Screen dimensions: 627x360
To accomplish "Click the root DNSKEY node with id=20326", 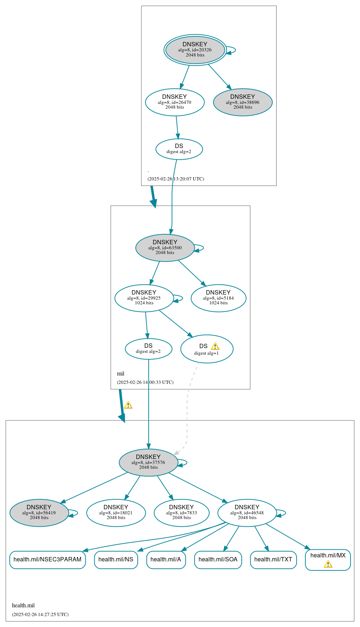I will tap(195, 50).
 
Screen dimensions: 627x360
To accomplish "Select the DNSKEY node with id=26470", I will tap(175, 102).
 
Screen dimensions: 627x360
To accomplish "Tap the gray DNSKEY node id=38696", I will tap(243, 102).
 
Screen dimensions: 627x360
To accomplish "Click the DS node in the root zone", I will tap(179, 149).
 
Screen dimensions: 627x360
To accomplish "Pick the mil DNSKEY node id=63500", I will tap(165, 248).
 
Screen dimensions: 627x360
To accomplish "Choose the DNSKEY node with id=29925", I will tap(144, 298).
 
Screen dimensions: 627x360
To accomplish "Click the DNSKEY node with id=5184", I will tap(218, 298).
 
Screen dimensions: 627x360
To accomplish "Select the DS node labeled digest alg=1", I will tap(207, 349).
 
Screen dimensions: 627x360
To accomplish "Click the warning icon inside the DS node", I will tap(215, 346).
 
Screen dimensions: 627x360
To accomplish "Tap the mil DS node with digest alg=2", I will tap(148, 348).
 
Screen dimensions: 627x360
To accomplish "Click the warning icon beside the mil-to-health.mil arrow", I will tap(128, 405).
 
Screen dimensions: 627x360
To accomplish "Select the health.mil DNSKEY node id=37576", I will tap(148, 462).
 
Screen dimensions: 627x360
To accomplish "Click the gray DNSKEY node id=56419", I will tap(39, 513).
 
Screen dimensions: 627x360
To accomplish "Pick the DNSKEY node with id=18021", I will tap(116, 513).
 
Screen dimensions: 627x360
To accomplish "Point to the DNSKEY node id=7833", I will tap(181, 513).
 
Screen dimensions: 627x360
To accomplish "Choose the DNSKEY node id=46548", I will tap(247, 513).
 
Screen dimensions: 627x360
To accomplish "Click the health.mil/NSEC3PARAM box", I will tap(47, 560).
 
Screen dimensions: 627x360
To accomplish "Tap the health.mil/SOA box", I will tap(218, 560).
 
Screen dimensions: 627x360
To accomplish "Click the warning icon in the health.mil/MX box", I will tap(328, 564).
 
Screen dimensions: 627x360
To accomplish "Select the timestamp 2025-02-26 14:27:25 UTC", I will tap(40, 614).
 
